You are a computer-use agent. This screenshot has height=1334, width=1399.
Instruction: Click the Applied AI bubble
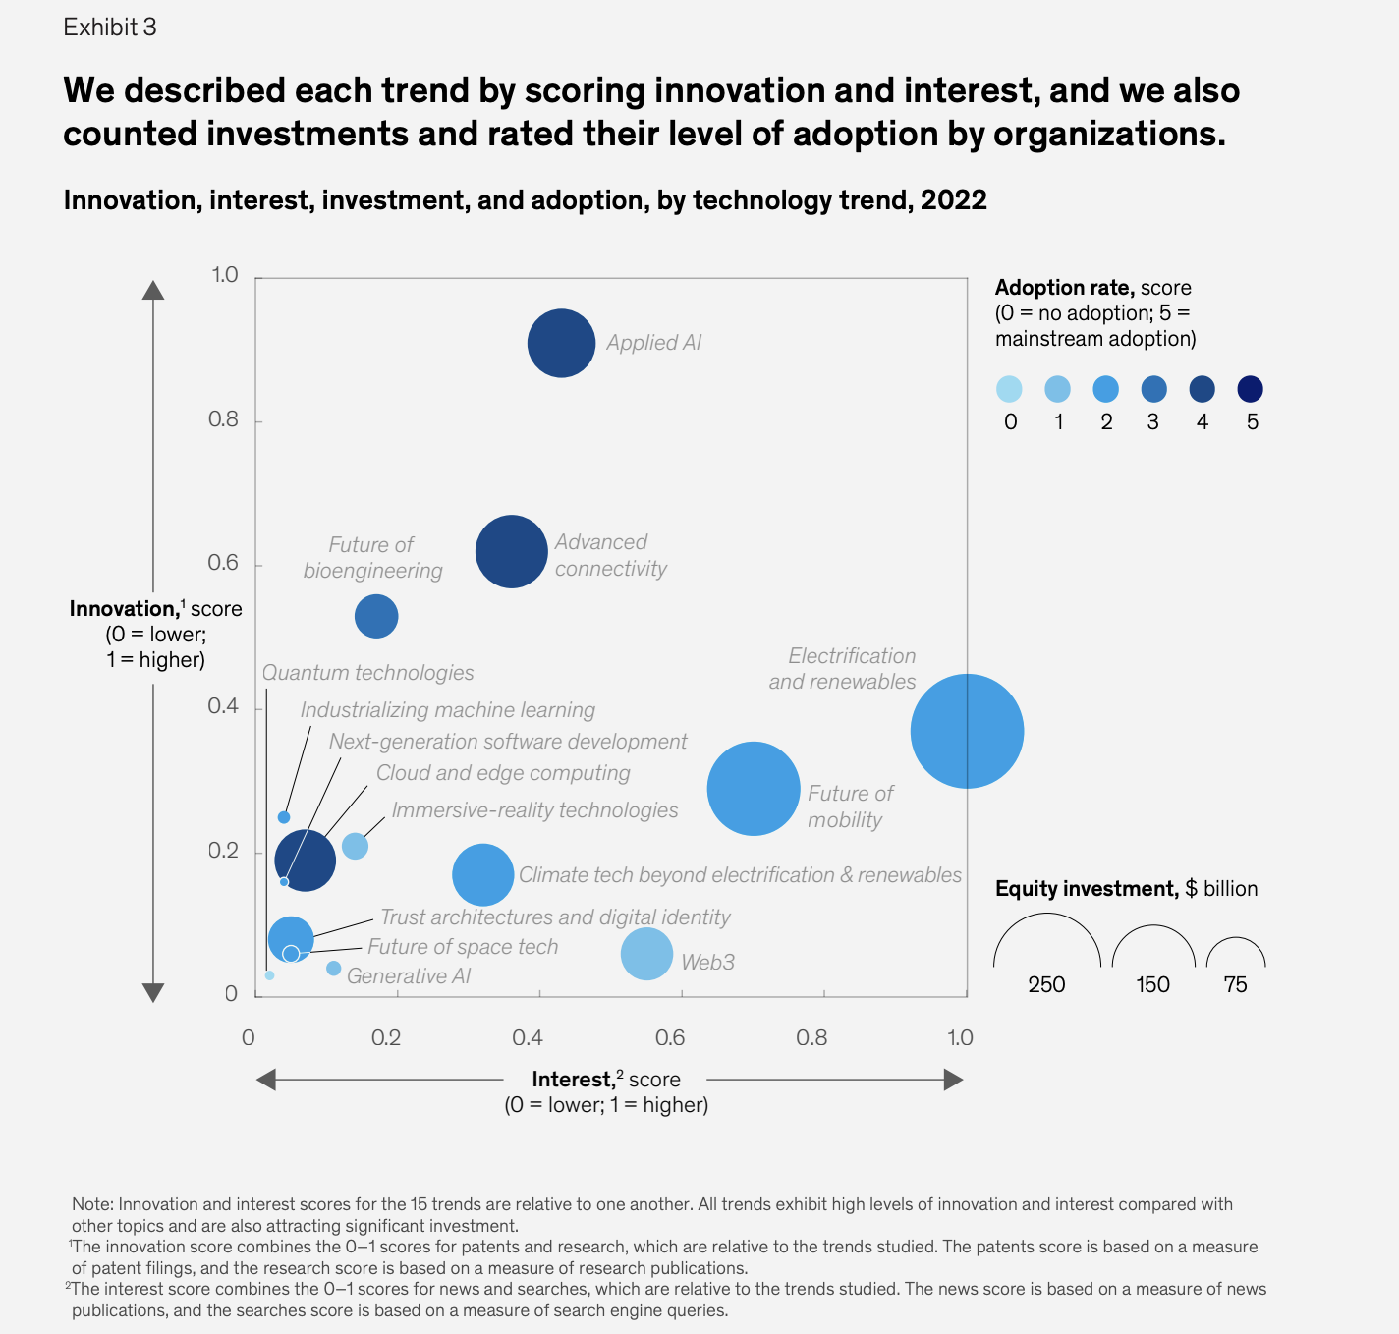coord(561,343)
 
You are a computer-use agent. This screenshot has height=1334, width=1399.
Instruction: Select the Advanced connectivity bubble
coord(511,551)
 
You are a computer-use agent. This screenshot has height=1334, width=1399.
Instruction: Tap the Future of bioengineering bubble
coord(376,617)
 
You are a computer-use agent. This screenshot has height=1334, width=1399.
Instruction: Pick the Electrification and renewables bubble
coord(967,731)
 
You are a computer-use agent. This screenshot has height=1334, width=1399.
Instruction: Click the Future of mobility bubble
coord(754,789)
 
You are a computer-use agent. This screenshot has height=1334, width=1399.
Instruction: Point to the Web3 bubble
coord(646,954)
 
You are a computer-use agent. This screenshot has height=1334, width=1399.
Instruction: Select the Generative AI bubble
coord(333,969)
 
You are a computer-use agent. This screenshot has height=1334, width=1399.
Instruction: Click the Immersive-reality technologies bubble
coord(355,846)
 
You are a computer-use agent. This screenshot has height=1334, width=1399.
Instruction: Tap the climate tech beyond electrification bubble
coord(482,874)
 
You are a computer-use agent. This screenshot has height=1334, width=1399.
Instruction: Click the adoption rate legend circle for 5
coord(1250,389)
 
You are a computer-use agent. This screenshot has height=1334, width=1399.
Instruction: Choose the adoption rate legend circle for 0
coord(1009,389)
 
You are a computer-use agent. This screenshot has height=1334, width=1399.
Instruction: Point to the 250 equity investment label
coord(1046,984)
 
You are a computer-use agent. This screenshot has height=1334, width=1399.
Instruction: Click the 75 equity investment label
coord(1235,984)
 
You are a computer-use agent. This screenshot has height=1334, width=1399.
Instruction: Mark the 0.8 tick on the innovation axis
coord(224,420)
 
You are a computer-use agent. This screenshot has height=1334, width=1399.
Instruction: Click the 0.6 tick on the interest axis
coord(670,1037)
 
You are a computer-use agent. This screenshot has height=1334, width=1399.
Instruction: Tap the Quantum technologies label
coord(367,673)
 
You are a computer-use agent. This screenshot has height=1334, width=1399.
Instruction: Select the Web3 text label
coord(707,962)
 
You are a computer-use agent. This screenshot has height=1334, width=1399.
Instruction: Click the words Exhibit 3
coord(110,28)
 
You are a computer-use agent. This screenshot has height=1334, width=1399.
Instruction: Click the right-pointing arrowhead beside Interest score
coord(953,1080)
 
